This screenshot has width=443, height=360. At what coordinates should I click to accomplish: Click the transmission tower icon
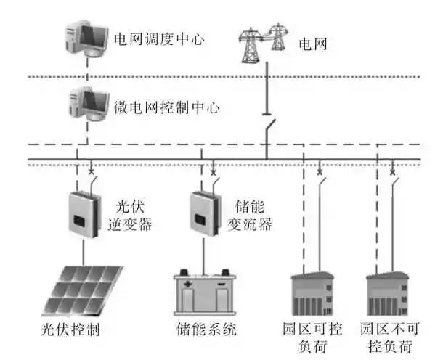(x=264, y=43)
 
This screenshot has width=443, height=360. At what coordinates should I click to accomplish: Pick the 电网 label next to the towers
(x=313, y=44)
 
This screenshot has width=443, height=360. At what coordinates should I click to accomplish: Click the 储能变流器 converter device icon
(x=205, y=213)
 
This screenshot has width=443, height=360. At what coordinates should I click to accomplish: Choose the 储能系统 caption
(x=207, y=330)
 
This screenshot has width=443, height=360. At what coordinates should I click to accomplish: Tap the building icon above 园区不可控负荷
(x=390, y=293)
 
